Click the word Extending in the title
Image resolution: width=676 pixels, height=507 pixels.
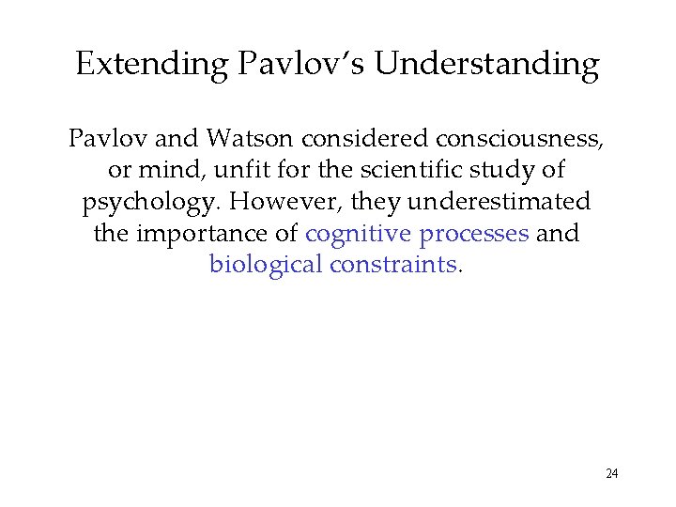click(152, 64)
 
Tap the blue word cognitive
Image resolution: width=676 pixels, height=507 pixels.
click(360, 234)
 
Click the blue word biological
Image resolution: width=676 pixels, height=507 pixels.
click(266, 264)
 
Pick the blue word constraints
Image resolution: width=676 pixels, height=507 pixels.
click(392, 264)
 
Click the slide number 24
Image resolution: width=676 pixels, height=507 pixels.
click(611, 473)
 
